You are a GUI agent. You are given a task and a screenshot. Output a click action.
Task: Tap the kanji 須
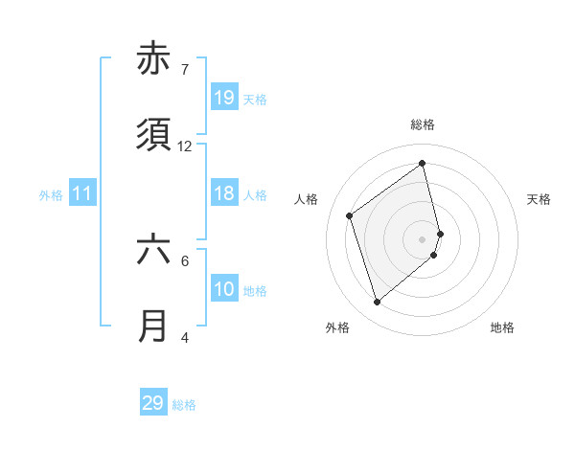(153, 136)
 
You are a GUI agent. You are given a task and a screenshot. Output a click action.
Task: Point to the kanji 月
(153, 326)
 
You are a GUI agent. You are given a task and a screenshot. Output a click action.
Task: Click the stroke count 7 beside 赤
(185, 70)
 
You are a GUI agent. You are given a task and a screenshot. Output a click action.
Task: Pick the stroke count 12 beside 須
(185, 146)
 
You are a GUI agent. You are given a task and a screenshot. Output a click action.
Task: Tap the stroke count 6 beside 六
(185, 259)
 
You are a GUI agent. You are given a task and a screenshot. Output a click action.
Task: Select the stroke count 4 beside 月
(185, 337)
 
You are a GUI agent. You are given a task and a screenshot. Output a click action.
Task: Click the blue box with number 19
(224, 98)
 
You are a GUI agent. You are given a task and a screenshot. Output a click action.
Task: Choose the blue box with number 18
(224, 193)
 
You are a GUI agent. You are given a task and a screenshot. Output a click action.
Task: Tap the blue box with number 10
(224, 289)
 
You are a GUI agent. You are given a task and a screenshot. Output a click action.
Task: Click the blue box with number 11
(82, 194)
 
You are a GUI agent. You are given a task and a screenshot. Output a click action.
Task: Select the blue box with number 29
(153, 403)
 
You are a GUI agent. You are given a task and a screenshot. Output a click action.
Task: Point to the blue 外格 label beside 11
(51, 195)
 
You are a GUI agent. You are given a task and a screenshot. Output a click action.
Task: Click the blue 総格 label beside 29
(184, 405)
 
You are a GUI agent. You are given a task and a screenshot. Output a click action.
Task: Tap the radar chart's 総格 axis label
(423, 124)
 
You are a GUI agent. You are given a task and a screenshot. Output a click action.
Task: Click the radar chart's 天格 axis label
(539, 199)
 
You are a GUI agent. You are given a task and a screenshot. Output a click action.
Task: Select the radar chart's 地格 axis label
(502, 327)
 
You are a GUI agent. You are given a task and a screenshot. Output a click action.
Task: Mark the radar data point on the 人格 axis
(350, 216)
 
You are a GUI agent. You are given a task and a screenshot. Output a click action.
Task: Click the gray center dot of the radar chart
(423, 237)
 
